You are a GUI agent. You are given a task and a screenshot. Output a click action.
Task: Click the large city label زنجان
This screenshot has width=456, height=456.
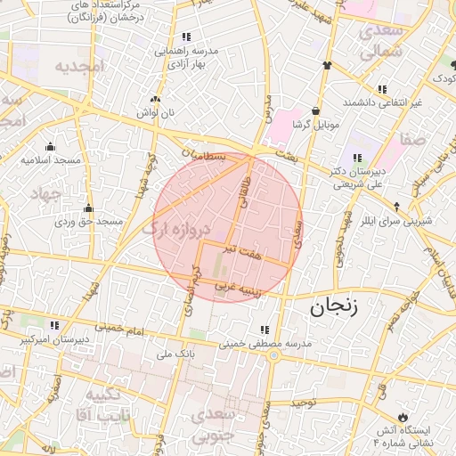(333, 309)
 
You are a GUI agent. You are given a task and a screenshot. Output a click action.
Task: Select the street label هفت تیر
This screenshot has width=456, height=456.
(243, 254)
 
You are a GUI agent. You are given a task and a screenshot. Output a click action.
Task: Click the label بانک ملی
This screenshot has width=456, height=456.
(175, 354)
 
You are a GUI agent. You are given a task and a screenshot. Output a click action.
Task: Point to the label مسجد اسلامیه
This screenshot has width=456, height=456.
(51, 159)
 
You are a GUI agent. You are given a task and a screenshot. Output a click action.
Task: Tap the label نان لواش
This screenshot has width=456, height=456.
(155, 113)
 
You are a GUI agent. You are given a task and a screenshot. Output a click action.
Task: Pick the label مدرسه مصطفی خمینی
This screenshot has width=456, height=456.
(263, 343)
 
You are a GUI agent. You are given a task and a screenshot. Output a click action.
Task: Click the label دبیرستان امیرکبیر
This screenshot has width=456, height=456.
(54, 339)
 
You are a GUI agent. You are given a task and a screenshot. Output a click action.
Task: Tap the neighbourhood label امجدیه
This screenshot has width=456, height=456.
(80, 66)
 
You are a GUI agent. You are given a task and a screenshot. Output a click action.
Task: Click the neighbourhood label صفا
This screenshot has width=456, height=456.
(412, 139)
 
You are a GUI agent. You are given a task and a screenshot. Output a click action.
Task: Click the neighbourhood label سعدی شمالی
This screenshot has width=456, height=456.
(381, 42)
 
